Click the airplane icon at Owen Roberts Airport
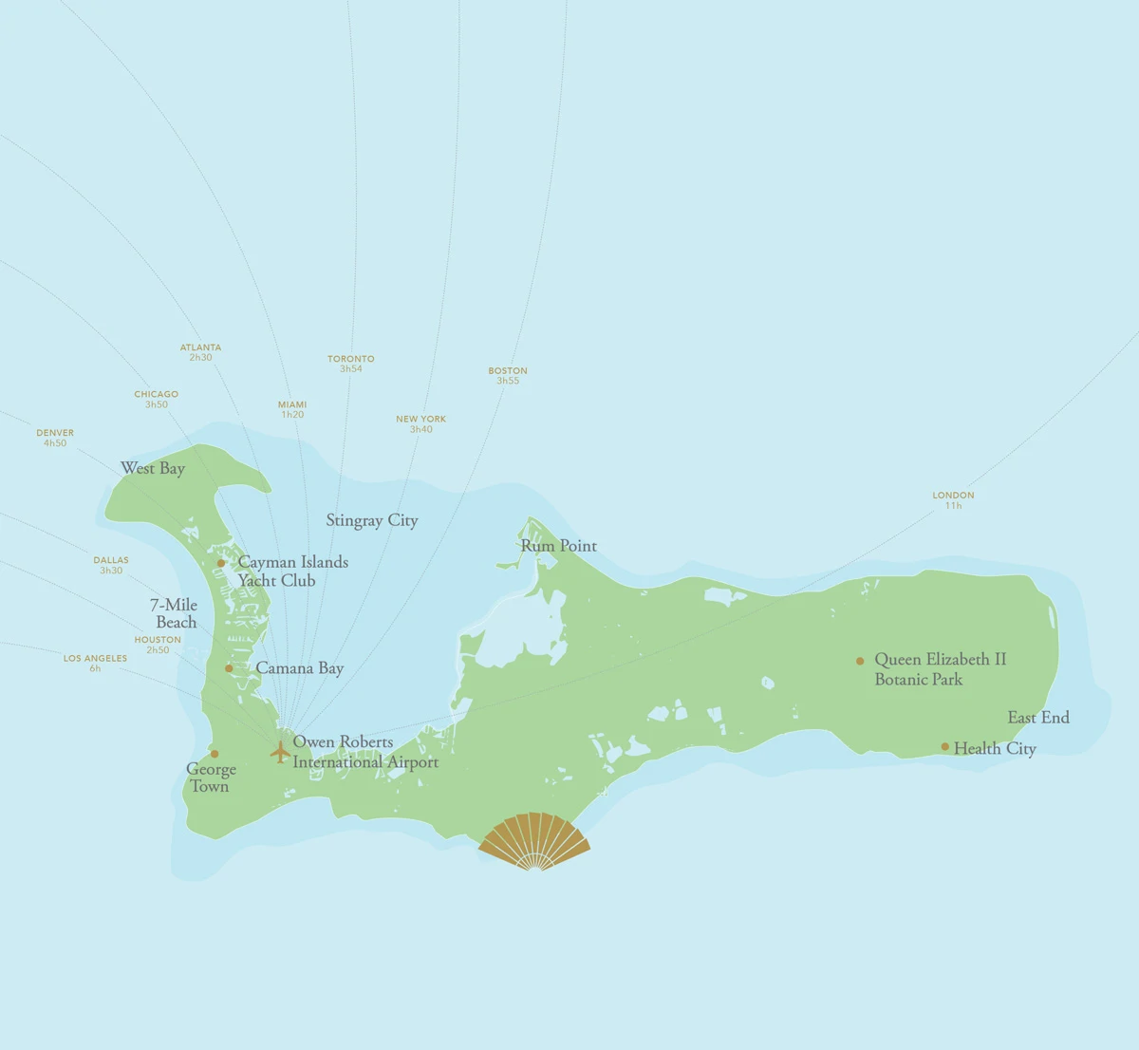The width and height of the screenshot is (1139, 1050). [279, 752]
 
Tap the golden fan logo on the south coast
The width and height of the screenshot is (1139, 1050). [534, 841]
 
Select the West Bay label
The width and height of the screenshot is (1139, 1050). [153, 468]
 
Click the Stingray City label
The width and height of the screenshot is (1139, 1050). [372, 520]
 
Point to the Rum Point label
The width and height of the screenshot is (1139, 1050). [559, 546]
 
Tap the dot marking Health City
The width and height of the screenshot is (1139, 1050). [944, 747]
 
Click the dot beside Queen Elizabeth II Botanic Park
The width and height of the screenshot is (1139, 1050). [860, 661]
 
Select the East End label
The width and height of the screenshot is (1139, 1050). [1038, 718]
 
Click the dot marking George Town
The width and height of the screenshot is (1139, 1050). [215, 754]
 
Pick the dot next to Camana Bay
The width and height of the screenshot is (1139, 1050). [229, 668]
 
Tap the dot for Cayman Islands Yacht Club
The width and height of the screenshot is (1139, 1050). [221, 563]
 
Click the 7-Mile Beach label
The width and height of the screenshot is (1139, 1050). [175, 613]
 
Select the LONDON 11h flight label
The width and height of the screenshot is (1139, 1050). [953, 500]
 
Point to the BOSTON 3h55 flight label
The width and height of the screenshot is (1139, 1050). [508, 376]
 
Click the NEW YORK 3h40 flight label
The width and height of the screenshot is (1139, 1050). [420, 424]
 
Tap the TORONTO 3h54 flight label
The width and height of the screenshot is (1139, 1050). [351, 364]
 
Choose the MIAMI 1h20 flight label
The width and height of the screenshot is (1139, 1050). [292, 409]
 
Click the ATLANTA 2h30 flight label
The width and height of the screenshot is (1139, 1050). [200, 352]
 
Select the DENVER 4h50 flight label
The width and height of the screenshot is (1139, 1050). [55, 438]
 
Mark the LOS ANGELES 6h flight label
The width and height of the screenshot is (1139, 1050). [95, 663]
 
